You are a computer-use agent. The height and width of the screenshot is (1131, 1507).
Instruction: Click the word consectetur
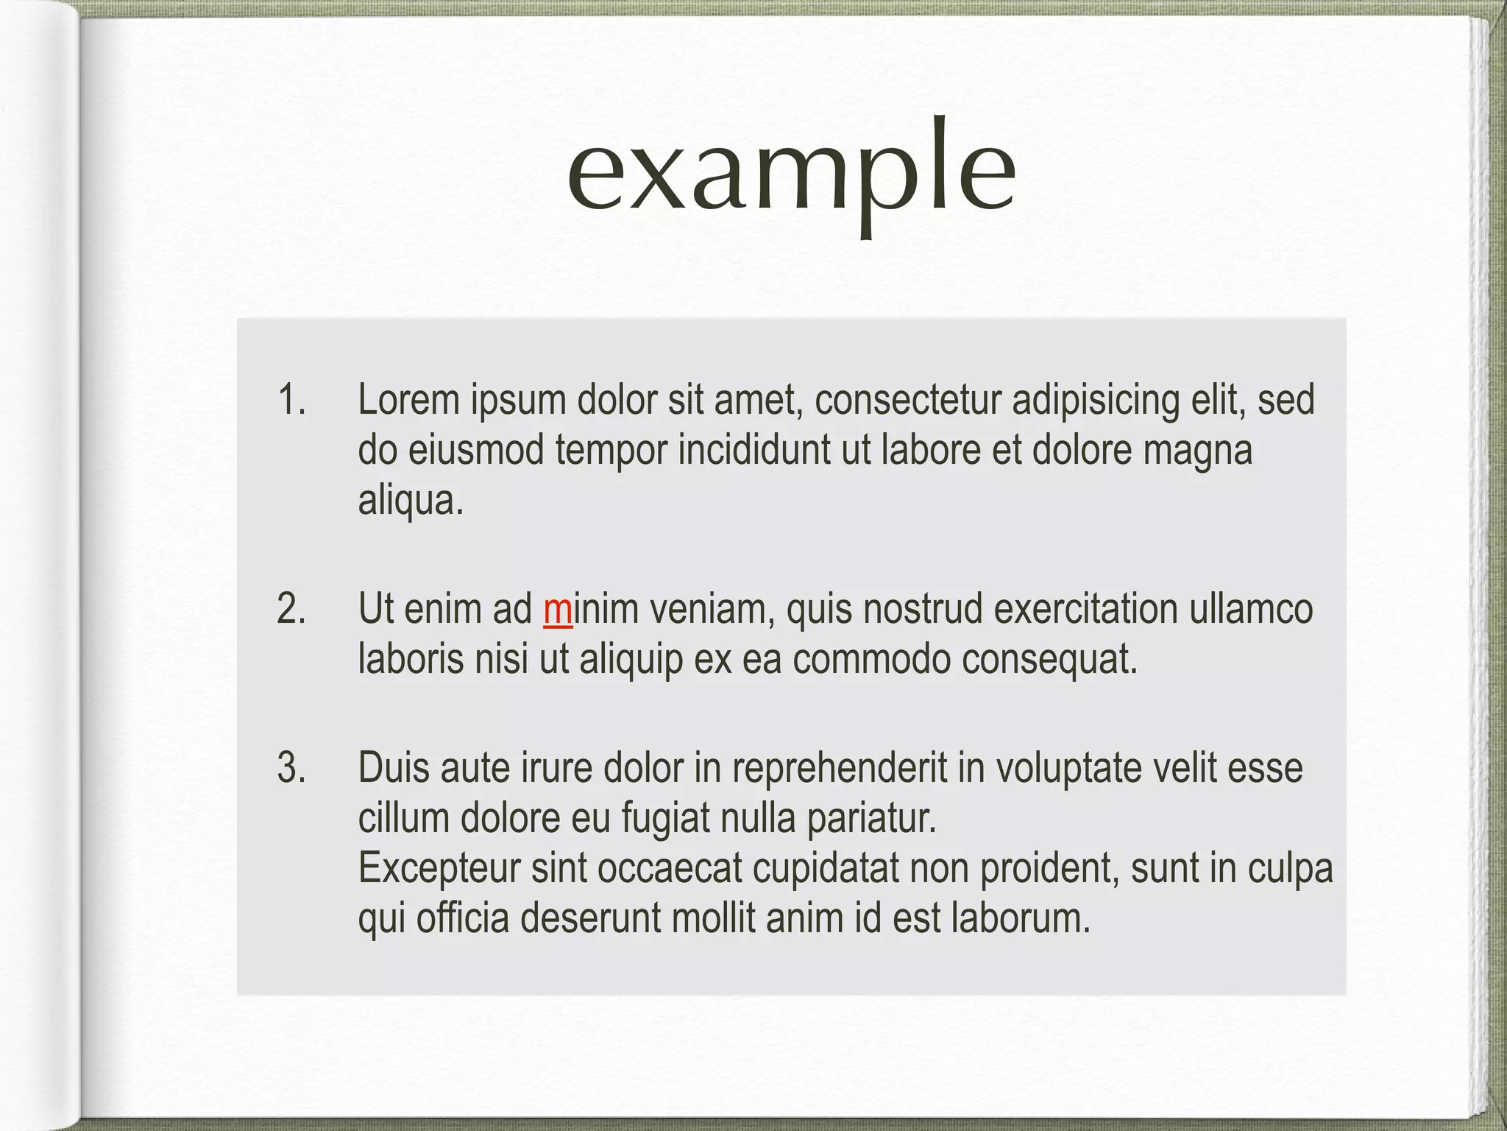907,401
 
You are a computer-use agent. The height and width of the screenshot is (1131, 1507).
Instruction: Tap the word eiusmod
475,451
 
